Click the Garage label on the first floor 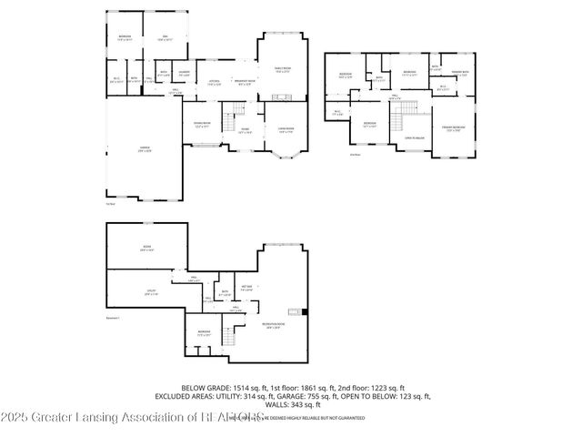pyautogui.click(x=144, y=148)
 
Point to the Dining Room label pyautogui.click(x=202, y=125)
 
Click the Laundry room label pyautogui.click(x=183, y=73)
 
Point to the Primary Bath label pyautogui.click(x=459, y=73)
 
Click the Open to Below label pyautogui.click(x=415, y=137)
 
